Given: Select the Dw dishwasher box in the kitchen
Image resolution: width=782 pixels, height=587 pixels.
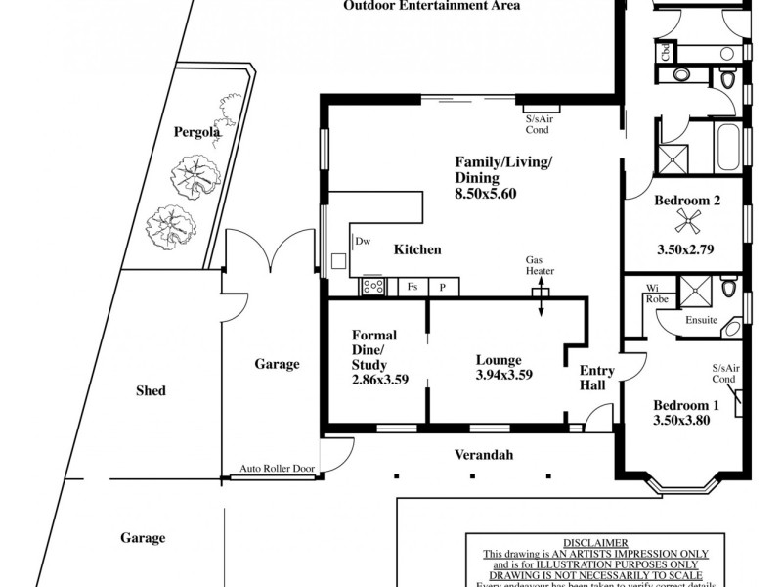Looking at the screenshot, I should coord(362,241).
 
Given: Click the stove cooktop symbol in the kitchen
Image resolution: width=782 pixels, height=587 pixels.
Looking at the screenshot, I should coord(373,287).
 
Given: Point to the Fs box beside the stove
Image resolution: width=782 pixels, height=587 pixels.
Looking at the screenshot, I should coord(413,288).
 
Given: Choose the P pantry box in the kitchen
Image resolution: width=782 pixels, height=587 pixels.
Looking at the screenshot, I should coord(442,288).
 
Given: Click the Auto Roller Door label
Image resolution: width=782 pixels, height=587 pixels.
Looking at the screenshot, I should coord(278,470).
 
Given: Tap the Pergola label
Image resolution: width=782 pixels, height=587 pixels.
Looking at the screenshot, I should coord(195,132).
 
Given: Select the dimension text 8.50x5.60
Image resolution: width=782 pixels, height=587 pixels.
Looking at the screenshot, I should coord(485,194).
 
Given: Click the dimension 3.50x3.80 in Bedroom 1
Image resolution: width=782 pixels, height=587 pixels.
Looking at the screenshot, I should coord(681,421).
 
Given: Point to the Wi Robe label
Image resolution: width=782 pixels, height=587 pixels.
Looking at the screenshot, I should coord(652,293).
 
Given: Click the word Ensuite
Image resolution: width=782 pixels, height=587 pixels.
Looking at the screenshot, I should coord(701,320).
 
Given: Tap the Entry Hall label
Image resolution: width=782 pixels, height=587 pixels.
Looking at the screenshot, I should coord(596,378).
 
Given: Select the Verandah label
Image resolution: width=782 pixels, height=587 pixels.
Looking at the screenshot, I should coord(484,455).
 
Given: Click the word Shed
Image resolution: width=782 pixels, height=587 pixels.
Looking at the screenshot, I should coord(151,390).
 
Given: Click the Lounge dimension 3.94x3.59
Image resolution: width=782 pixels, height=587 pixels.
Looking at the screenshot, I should coord(503,375).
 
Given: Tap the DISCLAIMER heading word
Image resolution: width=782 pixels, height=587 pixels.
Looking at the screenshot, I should coord(595,542).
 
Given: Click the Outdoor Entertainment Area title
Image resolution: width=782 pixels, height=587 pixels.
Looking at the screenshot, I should coord(431,6).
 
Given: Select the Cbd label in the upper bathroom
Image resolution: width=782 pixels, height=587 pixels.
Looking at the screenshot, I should coord(665,51).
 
